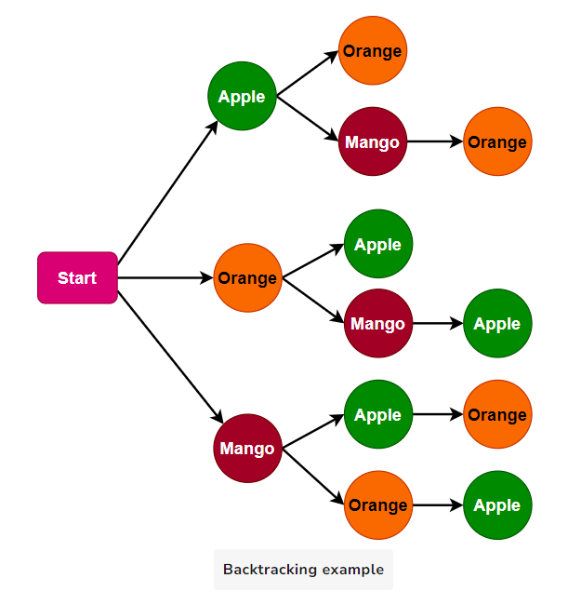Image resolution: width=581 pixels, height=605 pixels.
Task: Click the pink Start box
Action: (77, 277)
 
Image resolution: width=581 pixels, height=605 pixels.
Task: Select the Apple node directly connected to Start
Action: (242, 96)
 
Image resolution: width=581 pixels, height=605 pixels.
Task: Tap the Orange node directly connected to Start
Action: (247, 277)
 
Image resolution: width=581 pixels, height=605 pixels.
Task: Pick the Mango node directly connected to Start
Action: (247, 449)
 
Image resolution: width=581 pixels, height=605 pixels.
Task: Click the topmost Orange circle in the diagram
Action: (372, 50)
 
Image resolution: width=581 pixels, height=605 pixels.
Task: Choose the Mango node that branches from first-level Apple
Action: (372, 141)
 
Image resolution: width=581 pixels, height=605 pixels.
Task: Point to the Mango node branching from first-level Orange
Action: (377, 323)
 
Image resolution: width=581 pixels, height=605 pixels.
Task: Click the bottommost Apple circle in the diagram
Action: (497, 504)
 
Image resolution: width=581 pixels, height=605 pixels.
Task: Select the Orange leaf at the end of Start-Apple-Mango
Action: (497, 141)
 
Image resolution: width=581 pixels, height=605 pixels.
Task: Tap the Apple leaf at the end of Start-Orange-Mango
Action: (497, 323)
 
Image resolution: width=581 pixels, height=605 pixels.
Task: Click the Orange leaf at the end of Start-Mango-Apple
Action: (497, 414)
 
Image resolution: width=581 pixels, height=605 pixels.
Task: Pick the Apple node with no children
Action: (377, 244)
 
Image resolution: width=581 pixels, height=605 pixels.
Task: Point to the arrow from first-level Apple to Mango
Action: (308, 118)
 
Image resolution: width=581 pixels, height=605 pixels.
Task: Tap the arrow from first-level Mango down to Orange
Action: (313, 477)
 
